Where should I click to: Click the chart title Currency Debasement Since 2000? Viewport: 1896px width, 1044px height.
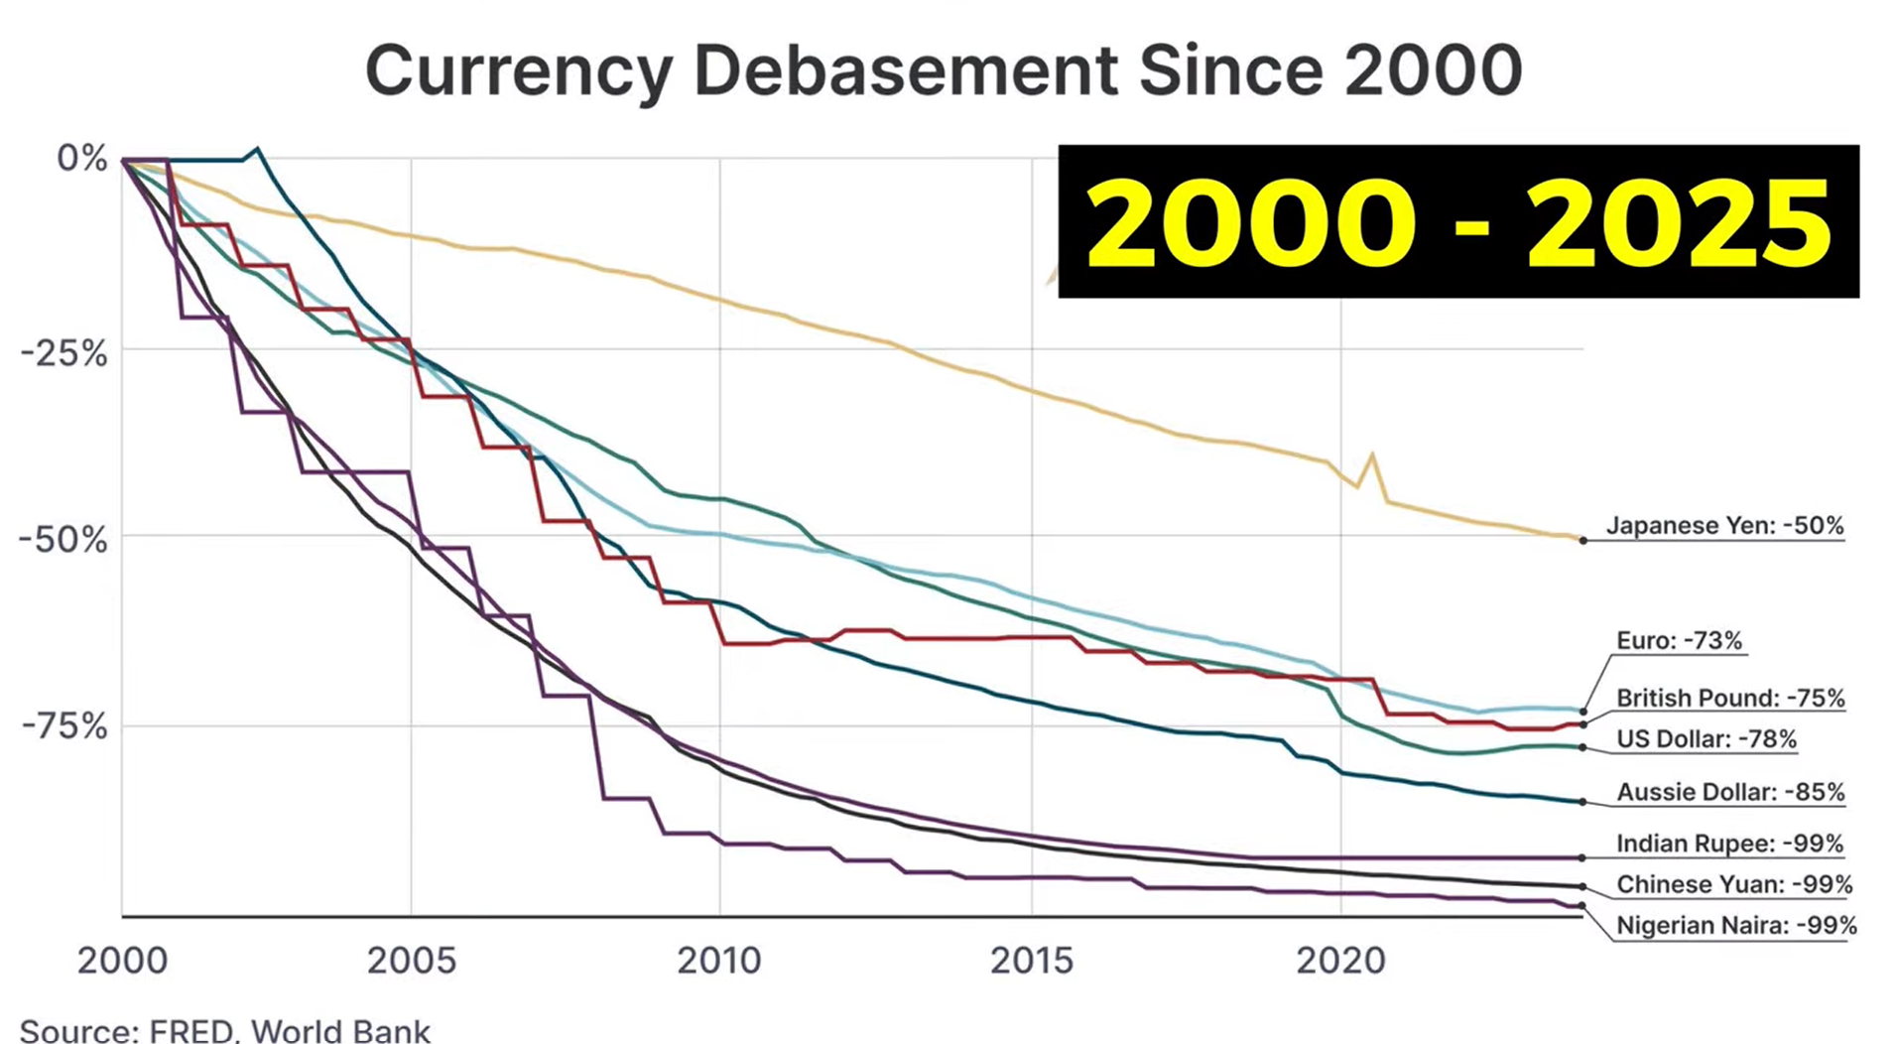(943, 69)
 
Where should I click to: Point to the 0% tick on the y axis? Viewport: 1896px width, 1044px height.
(82, 158)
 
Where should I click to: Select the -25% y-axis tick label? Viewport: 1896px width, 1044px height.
(64, 352)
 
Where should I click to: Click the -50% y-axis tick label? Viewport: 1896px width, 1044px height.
(64, 540)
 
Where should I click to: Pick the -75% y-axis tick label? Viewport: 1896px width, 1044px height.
(64, 726)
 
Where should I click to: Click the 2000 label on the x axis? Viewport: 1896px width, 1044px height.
(122, 961)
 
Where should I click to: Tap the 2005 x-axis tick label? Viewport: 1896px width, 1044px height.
(411, 961)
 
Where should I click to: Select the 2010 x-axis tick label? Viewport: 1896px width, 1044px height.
(719, 961)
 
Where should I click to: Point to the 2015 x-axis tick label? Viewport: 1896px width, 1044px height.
(1032, 961)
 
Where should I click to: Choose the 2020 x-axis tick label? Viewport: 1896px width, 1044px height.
(1340, 961)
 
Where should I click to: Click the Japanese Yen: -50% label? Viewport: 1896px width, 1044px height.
(1724, 526)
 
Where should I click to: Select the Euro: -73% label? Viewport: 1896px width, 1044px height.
(1679, 641)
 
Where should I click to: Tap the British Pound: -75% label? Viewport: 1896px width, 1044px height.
(1730, 699)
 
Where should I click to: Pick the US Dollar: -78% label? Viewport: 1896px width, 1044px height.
(1706, 739)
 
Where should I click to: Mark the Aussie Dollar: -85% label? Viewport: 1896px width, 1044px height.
(1730, 793)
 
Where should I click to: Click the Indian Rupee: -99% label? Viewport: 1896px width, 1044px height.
(1729, 845)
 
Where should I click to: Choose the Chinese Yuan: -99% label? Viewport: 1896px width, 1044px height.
(1734, 885)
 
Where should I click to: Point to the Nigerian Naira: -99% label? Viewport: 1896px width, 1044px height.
(1736, 926)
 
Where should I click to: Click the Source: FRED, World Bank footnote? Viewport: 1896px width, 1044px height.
(225, 1030)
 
